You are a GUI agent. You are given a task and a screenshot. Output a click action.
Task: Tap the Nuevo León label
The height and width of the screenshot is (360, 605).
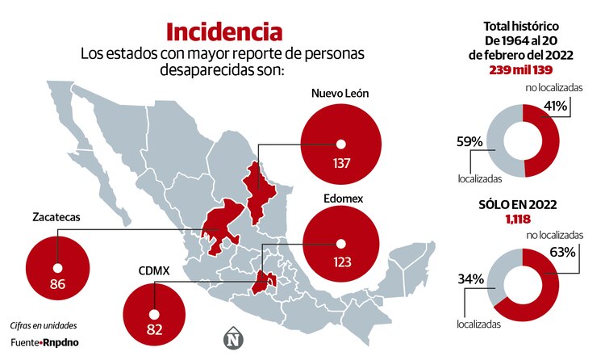[x=340, y=93]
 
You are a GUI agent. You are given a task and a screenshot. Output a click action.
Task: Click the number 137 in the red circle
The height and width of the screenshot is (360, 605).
[x=340, y=165]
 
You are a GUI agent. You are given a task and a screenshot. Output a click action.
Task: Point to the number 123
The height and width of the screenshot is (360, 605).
[x=340, y=262]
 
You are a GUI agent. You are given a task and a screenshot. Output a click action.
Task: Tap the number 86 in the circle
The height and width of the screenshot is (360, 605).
[x=57, y=284]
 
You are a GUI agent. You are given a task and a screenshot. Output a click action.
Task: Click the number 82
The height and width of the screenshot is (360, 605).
[x=153, y=329]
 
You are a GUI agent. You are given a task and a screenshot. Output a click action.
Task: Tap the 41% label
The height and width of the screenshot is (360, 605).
[x=557, y=106]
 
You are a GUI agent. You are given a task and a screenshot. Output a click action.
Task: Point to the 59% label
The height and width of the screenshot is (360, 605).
[x=469, y=142]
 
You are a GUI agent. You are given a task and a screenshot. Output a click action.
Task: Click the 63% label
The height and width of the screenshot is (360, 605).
[x=562, y=251]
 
